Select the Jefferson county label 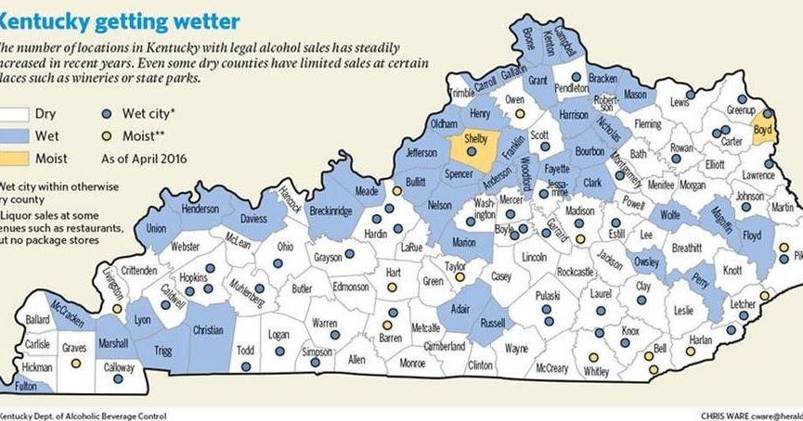421,152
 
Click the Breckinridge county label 330,211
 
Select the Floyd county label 752,236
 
